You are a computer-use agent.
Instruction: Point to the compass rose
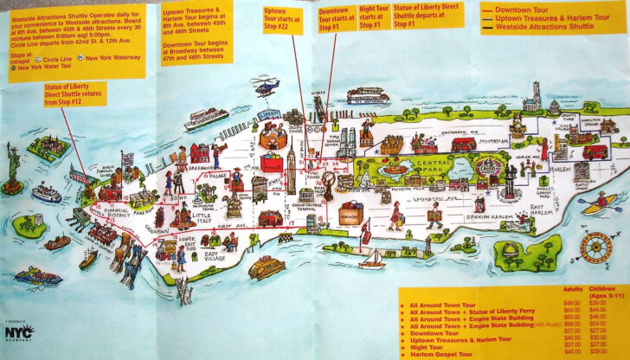[595, 249]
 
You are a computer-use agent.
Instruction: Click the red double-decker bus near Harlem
[595, 151]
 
